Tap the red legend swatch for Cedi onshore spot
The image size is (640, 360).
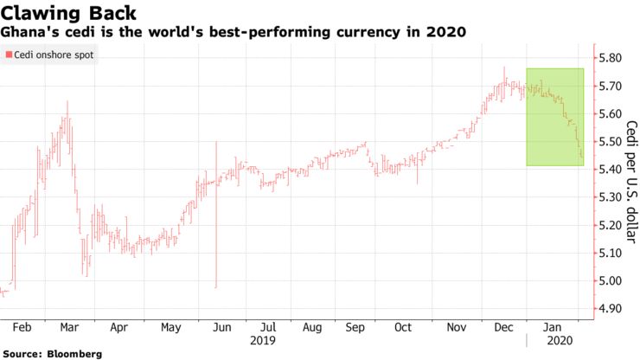8,55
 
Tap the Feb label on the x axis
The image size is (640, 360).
22,328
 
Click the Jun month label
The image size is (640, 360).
223,328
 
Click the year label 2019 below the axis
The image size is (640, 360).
262,341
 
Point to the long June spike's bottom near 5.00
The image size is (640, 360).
215,286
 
